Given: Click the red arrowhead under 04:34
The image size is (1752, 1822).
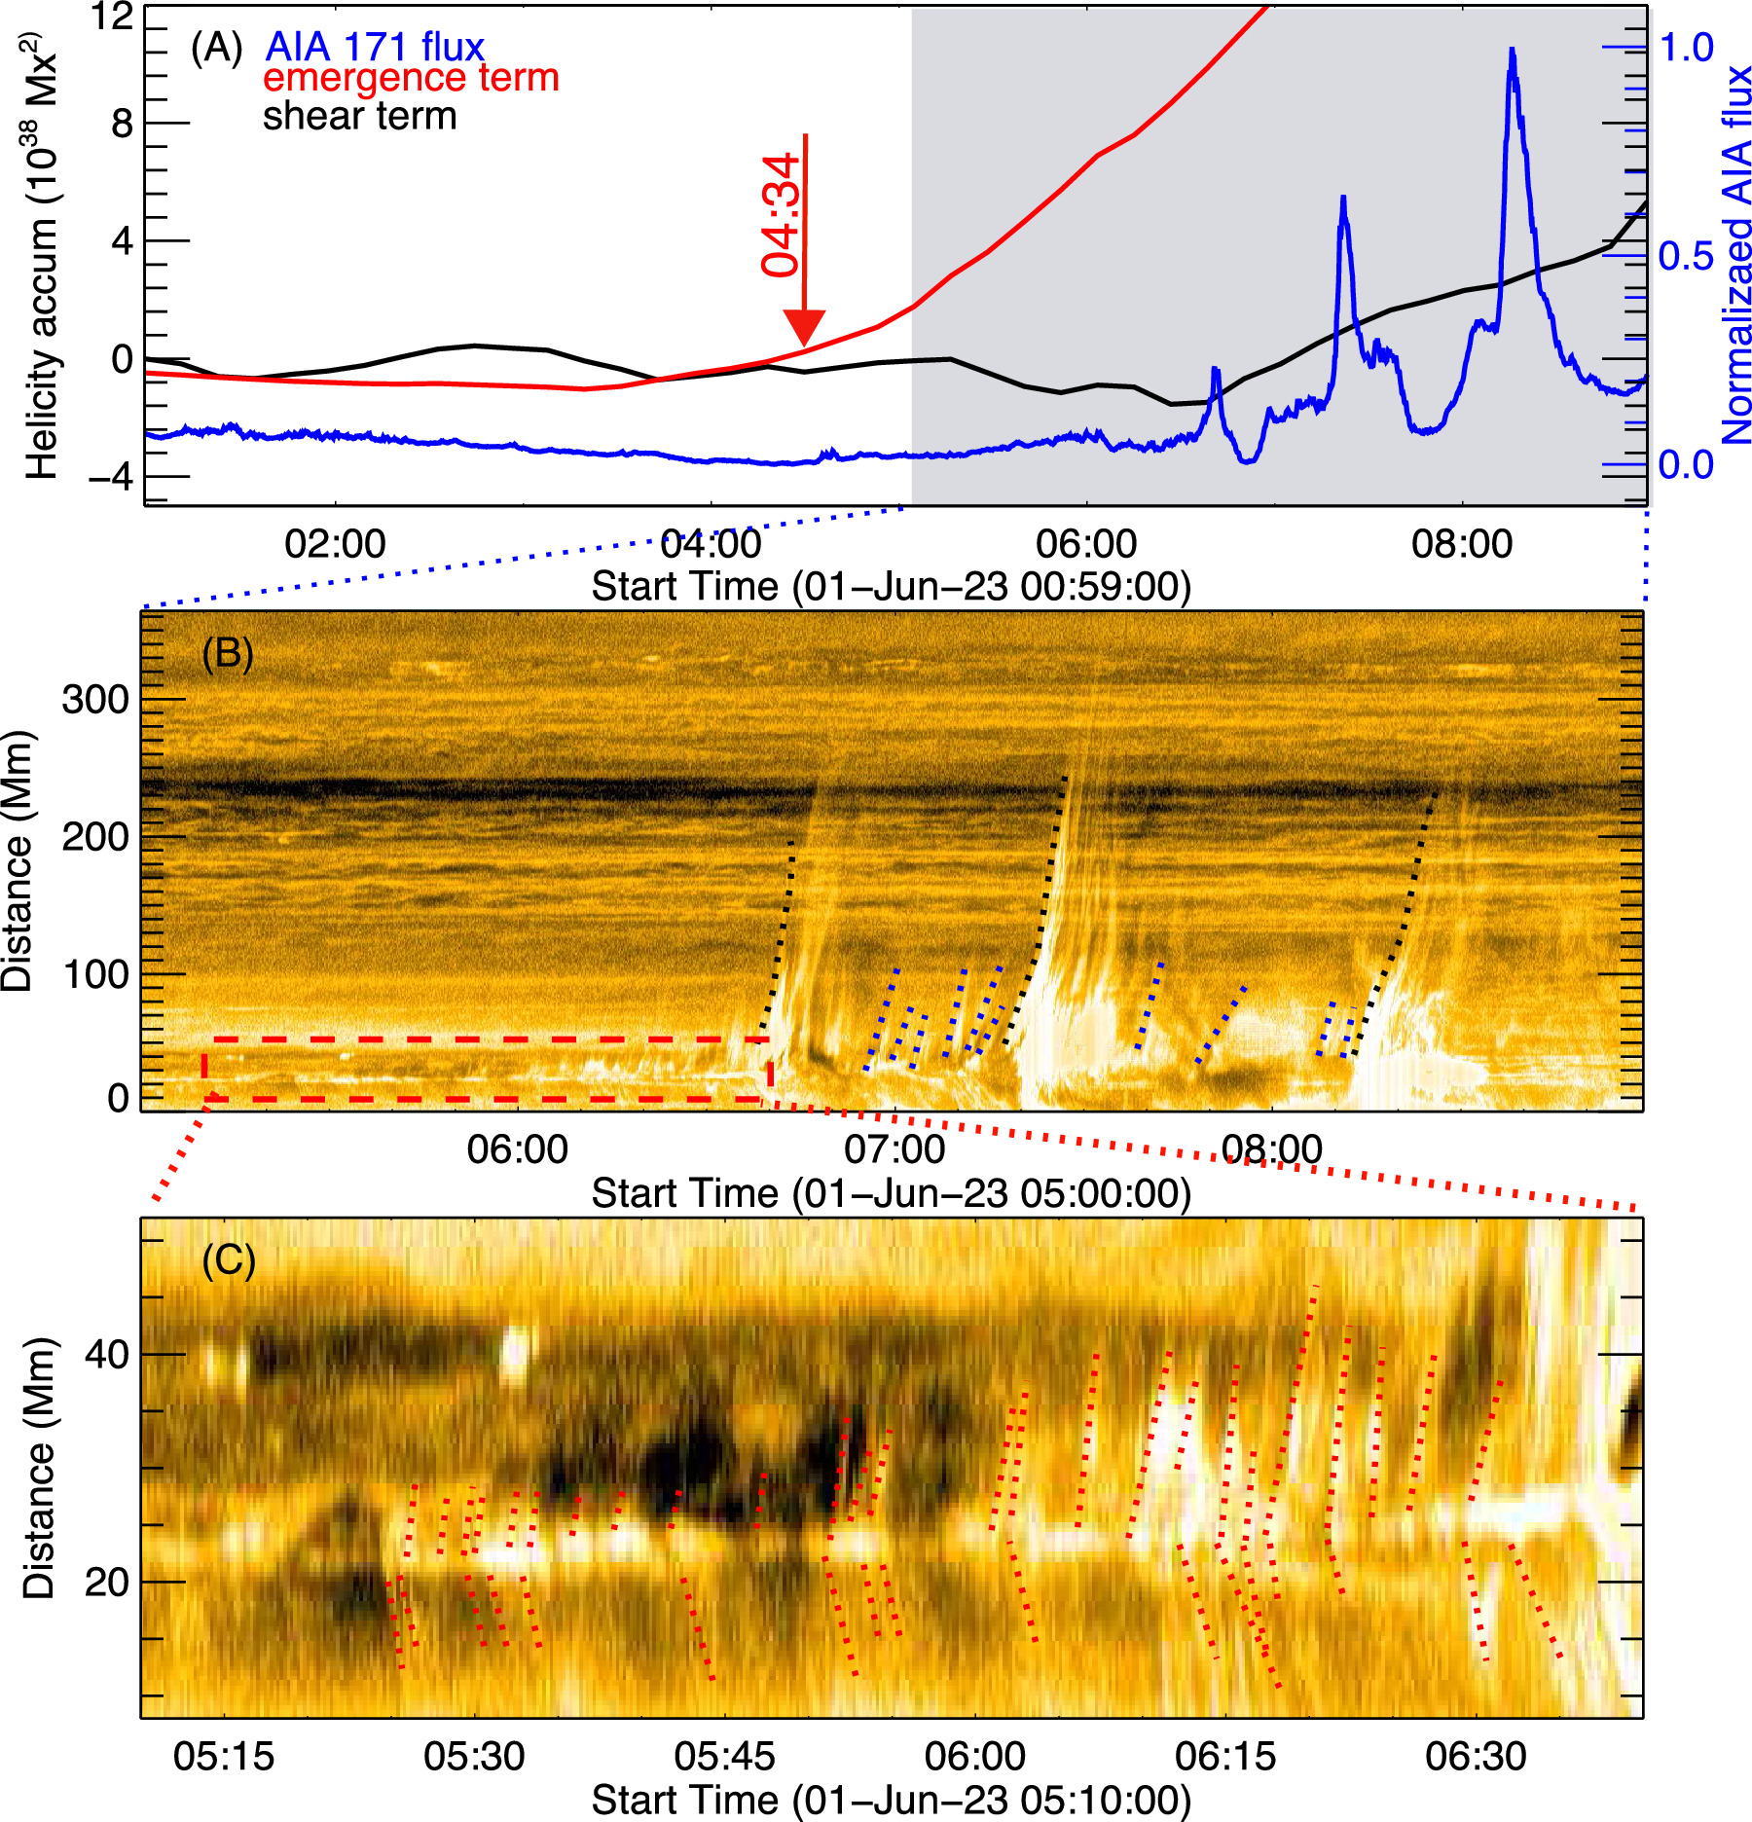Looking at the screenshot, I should pyautogui.click(x=804, y=327).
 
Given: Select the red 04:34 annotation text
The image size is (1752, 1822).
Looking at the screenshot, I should pyautogui.click(x=781, y=216).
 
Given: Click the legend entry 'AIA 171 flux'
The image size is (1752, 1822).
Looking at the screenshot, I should pyautogui.click(x=375, y=47).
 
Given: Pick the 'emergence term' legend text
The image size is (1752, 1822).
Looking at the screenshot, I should pyautogui.click(x=411, y=78).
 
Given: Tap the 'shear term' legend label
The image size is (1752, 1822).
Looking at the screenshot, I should pyautogui.click(x=359, y=117).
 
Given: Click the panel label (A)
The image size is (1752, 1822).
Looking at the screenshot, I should pyautogui.click(x=216, y=47).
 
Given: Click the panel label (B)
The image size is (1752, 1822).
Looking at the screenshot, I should pyautogui.click(x=228, y=653).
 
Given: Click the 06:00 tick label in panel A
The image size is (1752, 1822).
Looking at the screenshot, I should pyautogui.click(x=1086, y=543).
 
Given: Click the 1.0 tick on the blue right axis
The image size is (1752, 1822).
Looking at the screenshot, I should pyautogui.click(x=1686, y=47).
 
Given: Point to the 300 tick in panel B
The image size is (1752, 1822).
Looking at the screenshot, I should pyautogui.click(x=95, y=699).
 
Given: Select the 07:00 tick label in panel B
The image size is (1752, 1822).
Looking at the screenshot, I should pyautogui.click(x=894, y=1149).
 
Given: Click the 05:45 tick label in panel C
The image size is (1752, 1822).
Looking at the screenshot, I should pyautogui.click(x=725, y=1757).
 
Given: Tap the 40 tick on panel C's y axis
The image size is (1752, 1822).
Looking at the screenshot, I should pyautogui.click(x=107, y=1354).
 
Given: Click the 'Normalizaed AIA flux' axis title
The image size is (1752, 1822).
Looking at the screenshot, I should pyautogui.click(x=1735, y=255).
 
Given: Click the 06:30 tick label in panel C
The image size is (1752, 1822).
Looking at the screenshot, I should pyautogui.click(x=1476, y=1757).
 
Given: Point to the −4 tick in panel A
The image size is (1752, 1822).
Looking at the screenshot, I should pyautogui.click(x=108, y=478).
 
